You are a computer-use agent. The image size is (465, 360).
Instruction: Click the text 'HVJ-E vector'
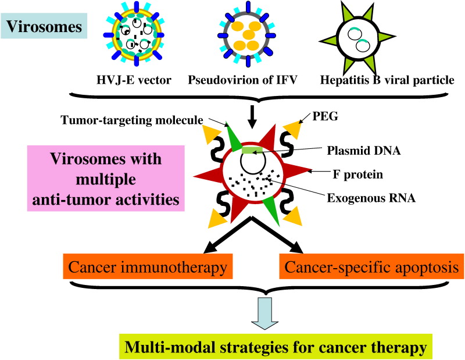click(x=134, y=80)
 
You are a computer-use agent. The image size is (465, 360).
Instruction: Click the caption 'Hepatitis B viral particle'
click(x=387, y=80)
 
